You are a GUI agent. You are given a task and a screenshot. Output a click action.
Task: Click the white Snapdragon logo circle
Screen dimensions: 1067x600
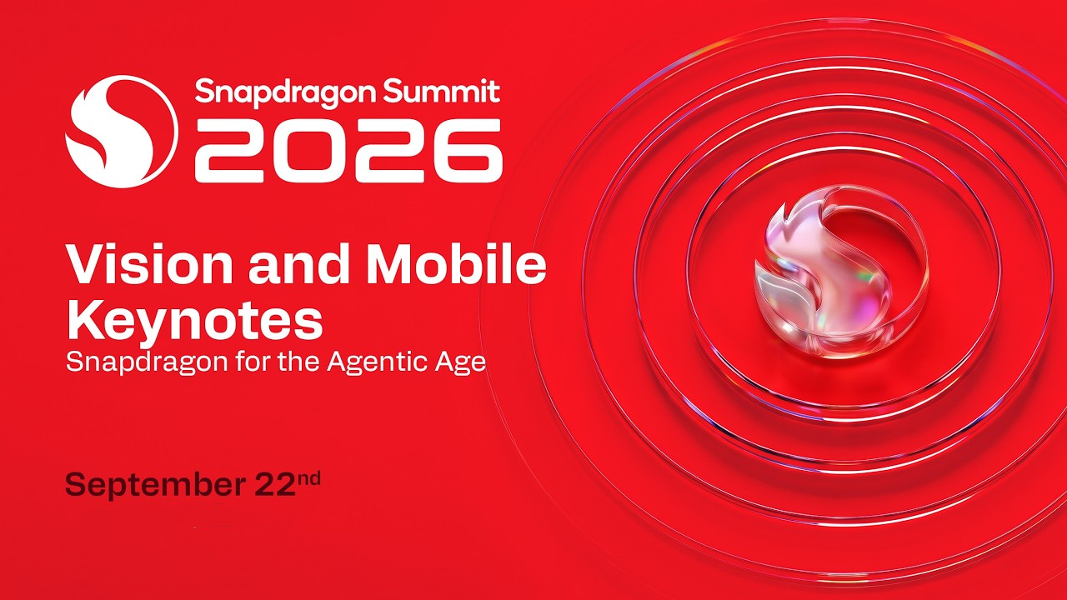point(122,132)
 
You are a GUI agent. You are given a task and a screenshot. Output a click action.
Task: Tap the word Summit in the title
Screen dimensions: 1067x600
point(441,91)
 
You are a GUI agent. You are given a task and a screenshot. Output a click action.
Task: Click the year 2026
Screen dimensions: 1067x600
point(348,151)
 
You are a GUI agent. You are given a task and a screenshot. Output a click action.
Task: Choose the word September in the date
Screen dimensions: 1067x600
point(155,485)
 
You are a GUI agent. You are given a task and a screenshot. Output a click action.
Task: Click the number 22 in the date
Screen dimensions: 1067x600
point(275,484)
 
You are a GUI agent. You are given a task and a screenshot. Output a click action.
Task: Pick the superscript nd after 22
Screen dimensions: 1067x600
point(308,478)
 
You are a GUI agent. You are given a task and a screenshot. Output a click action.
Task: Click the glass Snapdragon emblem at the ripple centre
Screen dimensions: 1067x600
point(841,272)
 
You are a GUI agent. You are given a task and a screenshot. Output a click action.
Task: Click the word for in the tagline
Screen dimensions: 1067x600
point(254,362)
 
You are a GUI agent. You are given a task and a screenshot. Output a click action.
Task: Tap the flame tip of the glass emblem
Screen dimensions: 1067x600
point(784,205)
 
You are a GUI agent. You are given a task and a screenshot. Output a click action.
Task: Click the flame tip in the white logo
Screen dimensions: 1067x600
point(87,94)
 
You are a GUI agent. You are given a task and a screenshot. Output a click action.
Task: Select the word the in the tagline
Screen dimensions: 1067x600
point(299,362)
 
